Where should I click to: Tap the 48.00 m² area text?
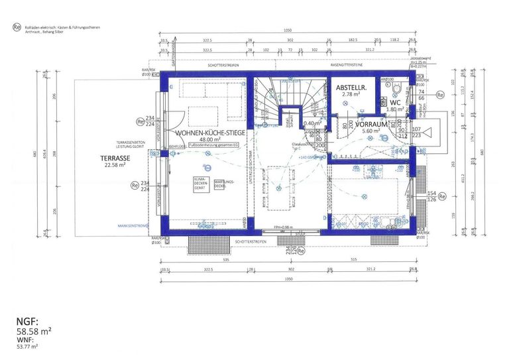(x=207, y=140)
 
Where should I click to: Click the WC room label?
(x=395, y=103)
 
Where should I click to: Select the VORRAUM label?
(x=372, y=124)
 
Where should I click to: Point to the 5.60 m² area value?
(x=370, y=131)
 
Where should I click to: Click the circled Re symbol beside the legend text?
(x=17, y=28)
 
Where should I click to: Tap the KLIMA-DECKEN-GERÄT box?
(x=201, y=184)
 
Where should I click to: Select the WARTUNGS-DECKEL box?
(x=222, y=185)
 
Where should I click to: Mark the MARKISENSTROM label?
(x=133, y=226)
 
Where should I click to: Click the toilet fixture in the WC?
(x=398, y=90)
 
